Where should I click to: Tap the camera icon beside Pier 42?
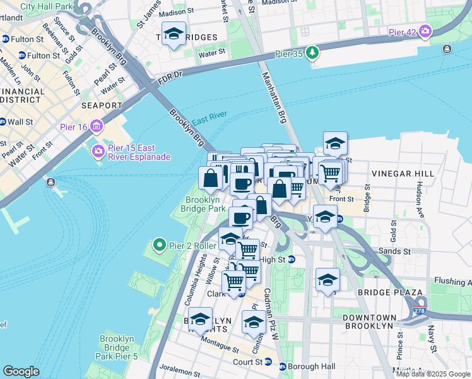tap(425, 30)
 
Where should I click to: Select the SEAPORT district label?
tap(101, 105)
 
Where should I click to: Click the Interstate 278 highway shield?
tap(420, 310)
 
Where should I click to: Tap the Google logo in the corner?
tap(21, 371)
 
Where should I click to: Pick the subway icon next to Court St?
tap(268, 362)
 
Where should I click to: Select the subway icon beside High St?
tap(292, 259)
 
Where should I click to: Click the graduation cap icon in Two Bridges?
tap(174, 34)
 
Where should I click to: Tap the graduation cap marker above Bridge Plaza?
tap(327, 280)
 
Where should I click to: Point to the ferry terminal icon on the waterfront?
tap(50, 183)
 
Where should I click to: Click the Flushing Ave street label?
tap(452, 282)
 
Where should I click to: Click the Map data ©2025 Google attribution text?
tap(433, 374)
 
